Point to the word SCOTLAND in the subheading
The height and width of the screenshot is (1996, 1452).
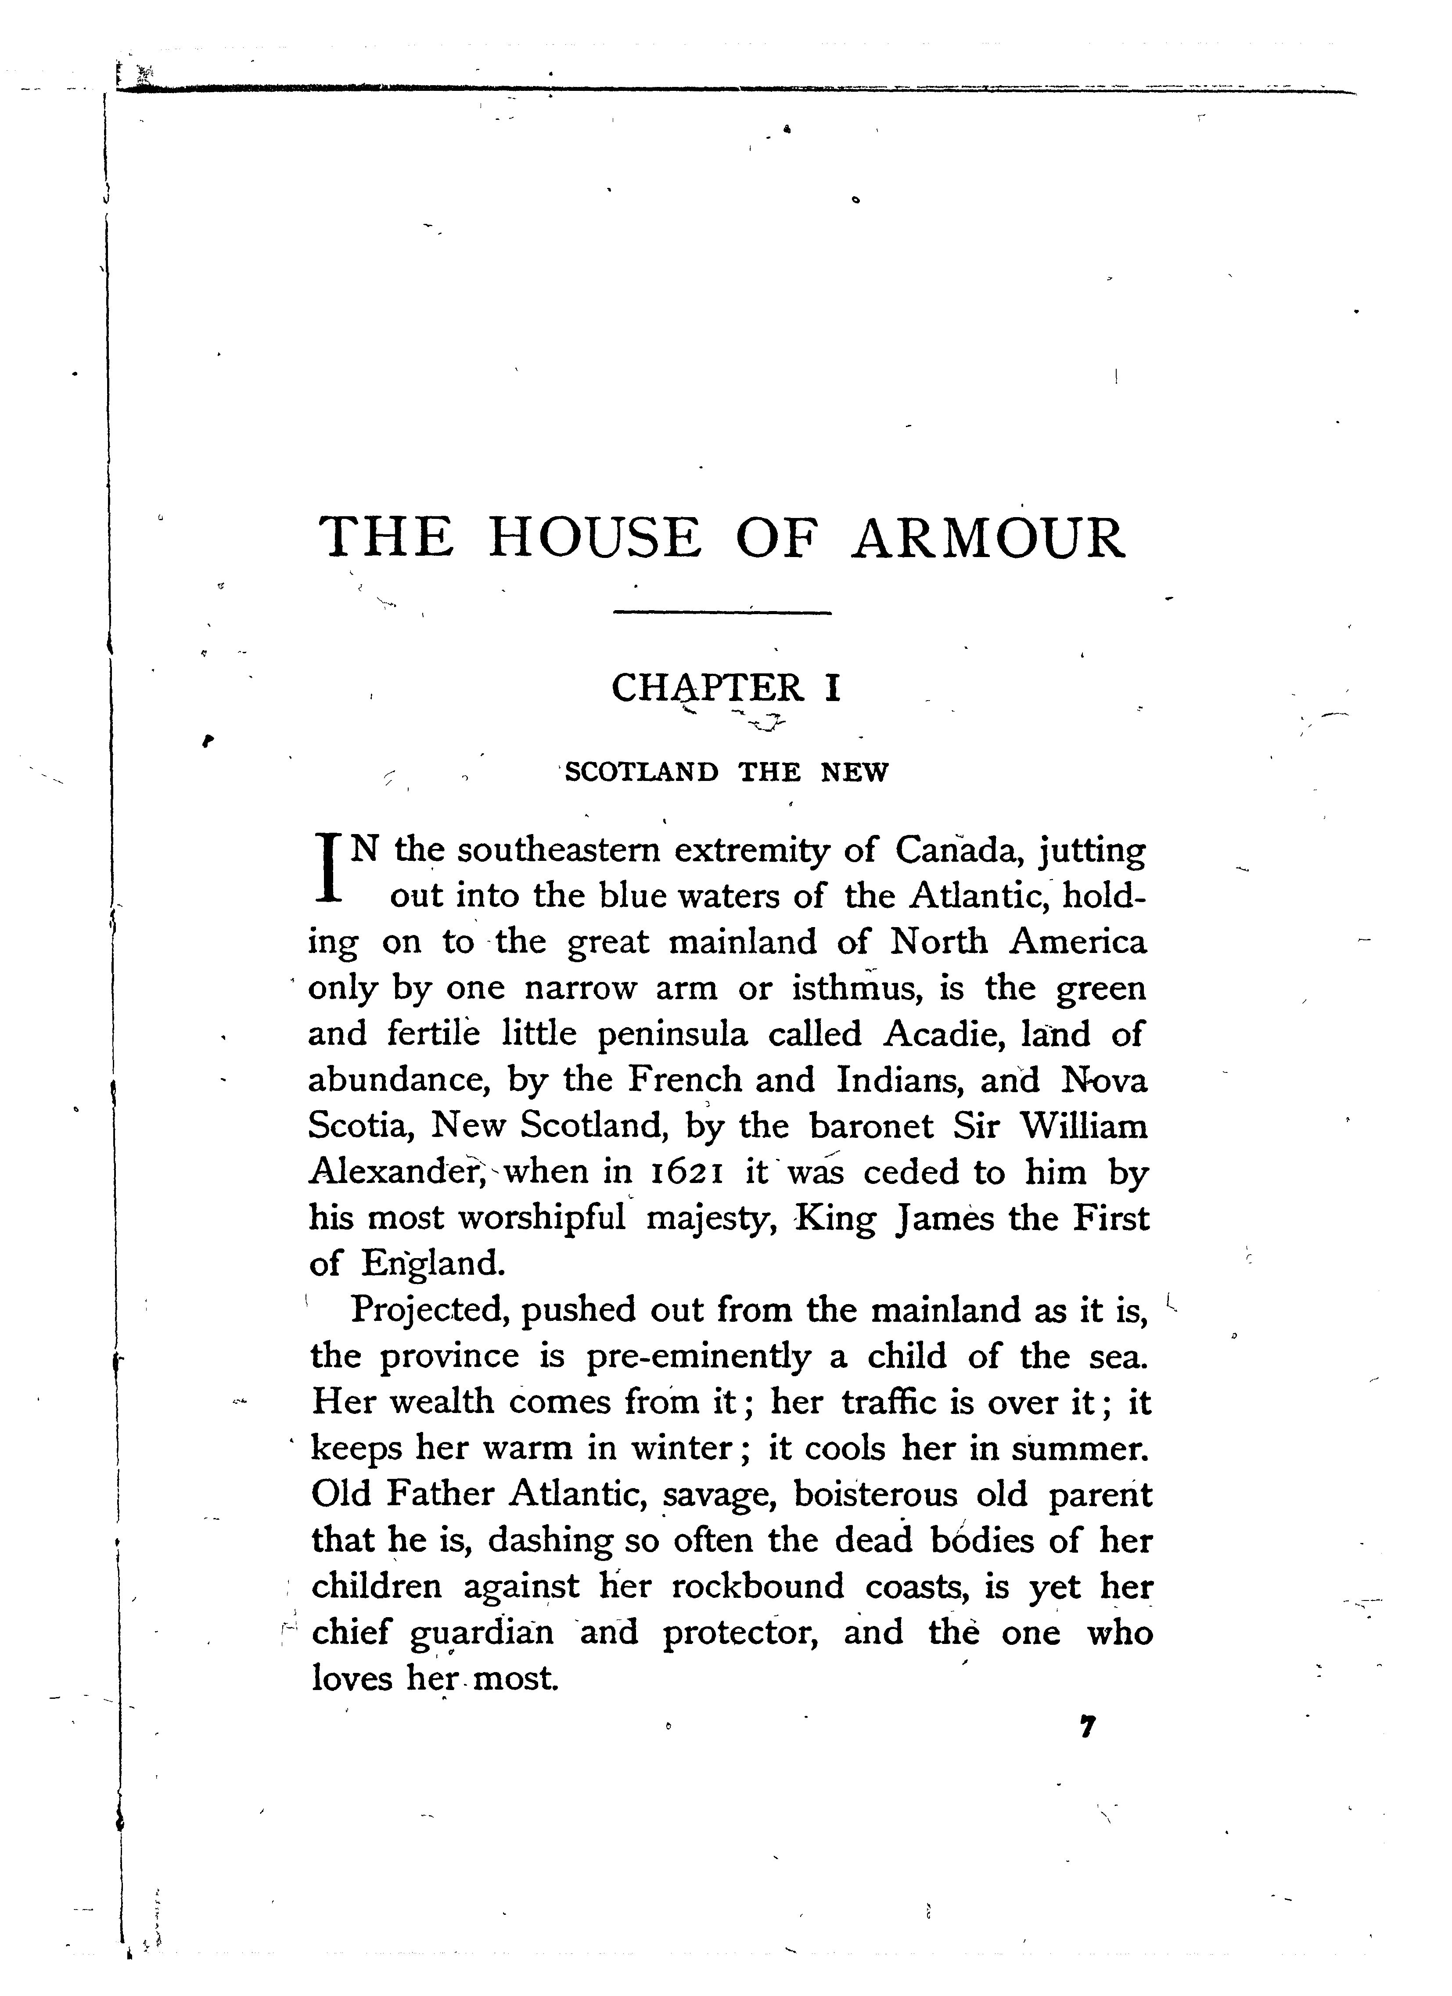coord(641,773)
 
